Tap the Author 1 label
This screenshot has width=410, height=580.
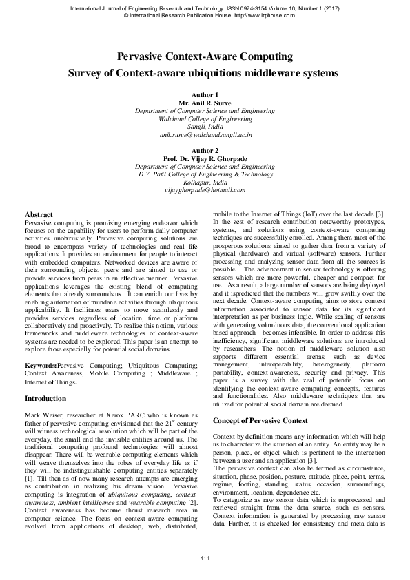[x=205, y=94]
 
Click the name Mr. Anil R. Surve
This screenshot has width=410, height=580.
[x=205, y=102]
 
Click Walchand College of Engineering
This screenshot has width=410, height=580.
[x=205, y=118]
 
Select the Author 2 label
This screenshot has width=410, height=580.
[x=205, y=150]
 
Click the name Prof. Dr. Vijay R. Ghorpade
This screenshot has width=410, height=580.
[x=205, y=158]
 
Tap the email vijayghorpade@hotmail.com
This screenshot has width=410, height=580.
[x=205, y=191]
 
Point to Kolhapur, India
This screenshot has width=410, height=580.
[x=205, y=183]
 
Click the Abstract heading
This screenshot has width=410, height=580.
[x=39, y=215]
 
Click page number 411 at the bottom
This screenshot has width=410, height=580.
[x=205, y=557]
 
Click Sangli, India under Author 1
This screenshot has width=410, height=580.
[x=205, y=127]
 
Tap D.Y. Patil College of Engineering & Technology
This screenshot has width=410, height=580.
[x=205, y=174]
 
